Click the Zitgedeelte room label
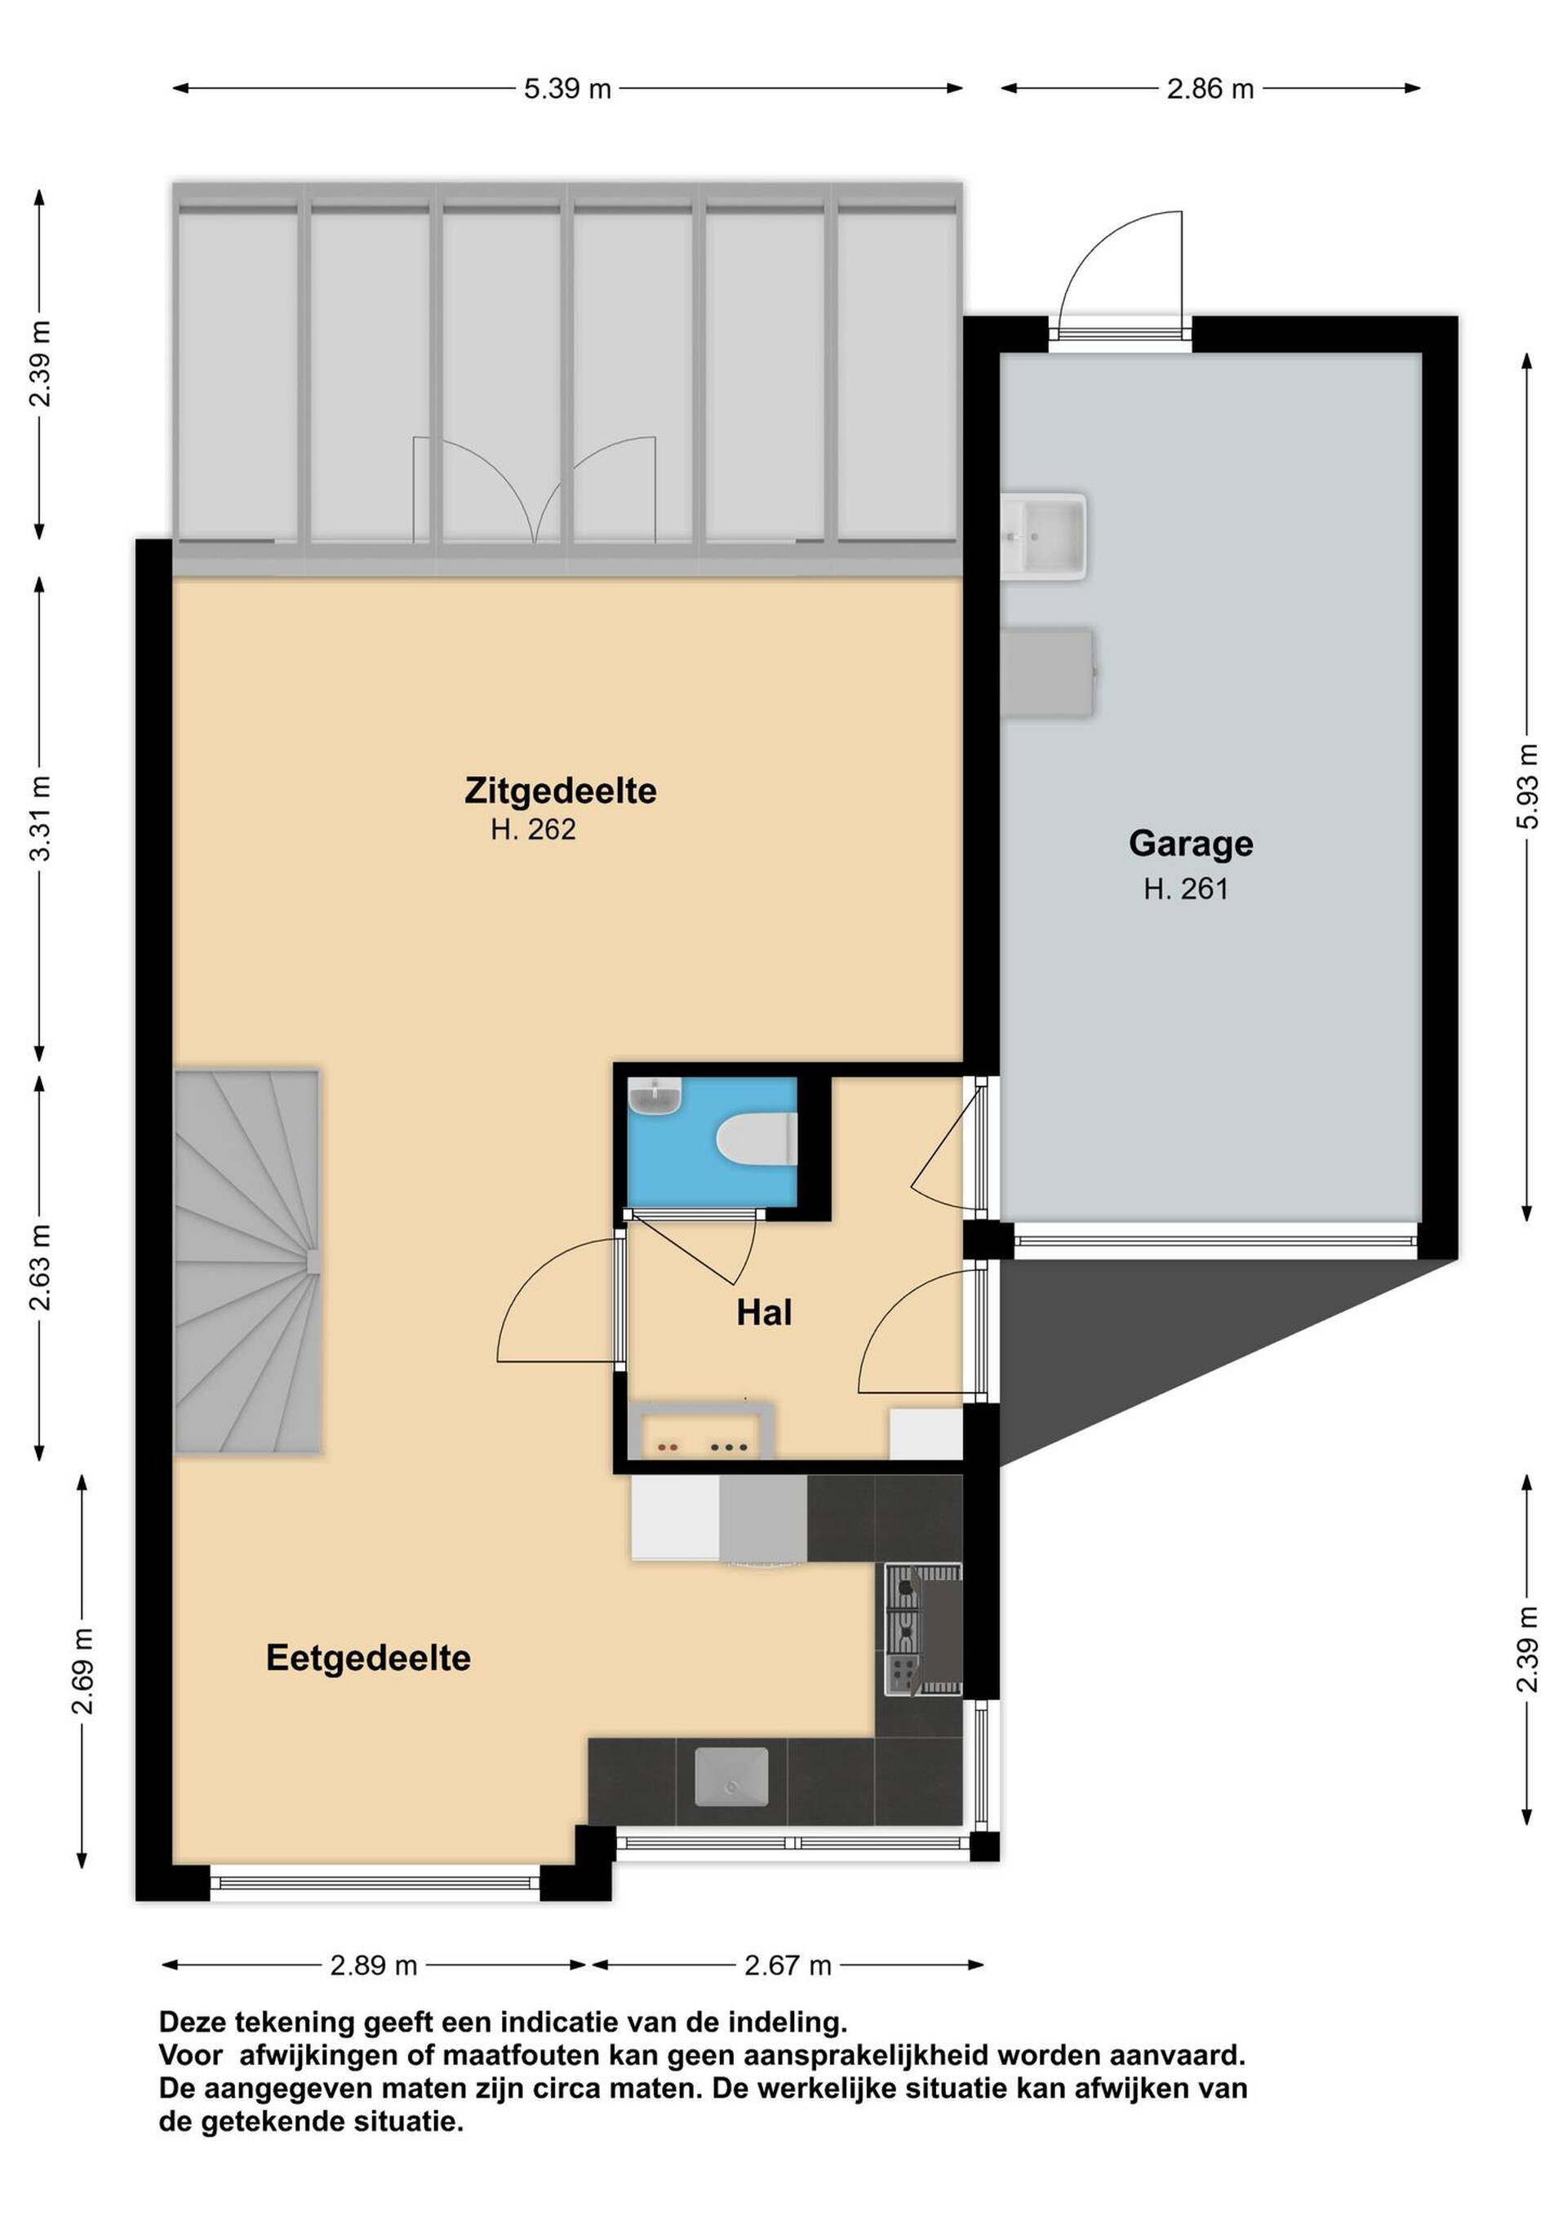coord(561,791)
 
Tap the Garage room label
coord(1191,844)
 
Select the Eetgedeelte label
coord(369,1659)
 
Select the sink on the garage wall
coord(1043,535)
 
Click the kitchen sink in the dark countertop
coord(731,1777)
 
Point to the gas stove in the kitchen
coord(923,1629)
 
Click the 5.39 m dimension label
coord(567,89)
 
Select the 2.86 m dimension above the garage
coord(1210,89)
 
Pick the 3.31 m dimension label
coord(39,818)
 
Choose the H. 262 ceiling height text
coord(533,830)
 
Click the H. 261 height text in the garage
coord(1186,888)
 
